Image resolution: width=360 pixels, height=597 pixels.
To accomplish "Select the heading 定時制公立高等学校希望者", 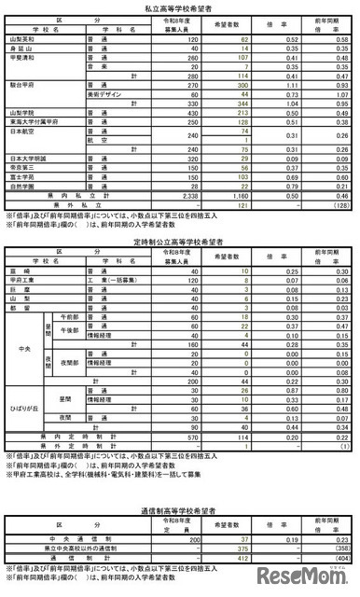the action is (179, 241).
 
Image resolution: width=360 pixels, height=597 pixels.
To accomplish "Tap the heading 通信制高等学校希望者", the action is (179, 509).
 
